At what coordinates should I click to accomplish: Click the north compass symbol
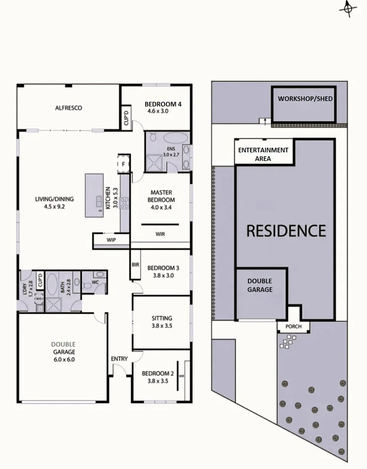point(348,9)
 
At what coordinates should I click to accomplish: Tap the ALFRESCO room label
point(69,108)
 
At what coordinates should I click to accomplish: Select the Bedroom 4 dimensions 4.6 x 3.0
point(158,111)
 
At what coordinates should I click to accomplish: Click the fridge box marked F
point(123,164)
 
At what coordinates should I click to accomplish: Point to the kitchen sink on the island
point(99,201)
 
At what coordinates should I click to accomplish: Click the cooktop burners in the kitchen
point(124,203)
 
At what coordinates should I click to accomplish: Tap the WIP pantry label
point(111,240)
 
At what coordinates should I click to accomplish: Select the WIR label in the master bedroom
point(160,234)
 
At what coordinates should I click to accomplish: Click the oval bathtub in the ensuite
point(176,138)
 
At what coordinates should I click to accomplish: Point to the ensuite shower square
point(154,163)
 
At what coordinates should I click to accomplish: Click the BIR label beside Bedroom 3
point(136,265)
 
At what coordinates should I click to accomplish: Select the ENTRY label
point(119,359)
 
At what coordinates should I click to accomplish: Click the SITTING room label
point(162,318)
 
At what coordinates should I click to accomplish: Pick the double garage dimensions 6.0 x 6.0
point(64,360)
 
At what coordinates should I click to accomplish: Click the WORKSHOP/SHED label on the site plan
point(305,99)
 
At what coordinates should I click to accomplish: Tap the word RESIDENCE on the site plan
point(286,231)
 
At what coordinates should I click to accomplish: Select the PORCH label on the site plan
point(294,326)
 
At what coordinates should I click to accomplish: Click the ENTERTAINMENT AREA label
point(263,154)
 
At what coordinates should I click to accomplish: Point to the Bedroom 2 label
point(158,373)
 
